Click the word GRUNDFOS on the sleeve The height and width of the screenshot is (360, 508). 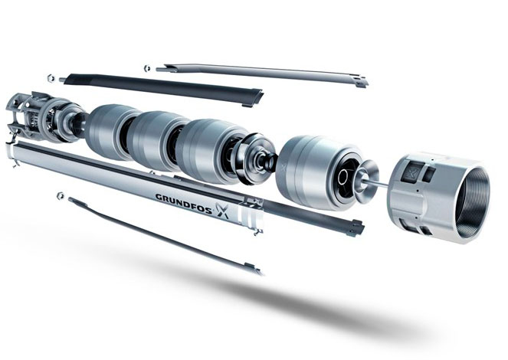[x=184, y=201]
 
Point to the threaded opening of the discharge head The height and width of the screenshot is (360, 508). [x=472, y=204]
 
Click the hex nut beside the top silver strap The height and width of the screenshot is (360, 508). [x=147, y=68]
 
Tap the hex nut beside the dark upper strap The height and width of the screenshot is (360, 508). [x=51, y=77]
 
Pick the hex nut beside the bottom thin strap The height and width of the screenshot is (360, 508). [x=60, y=195]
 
